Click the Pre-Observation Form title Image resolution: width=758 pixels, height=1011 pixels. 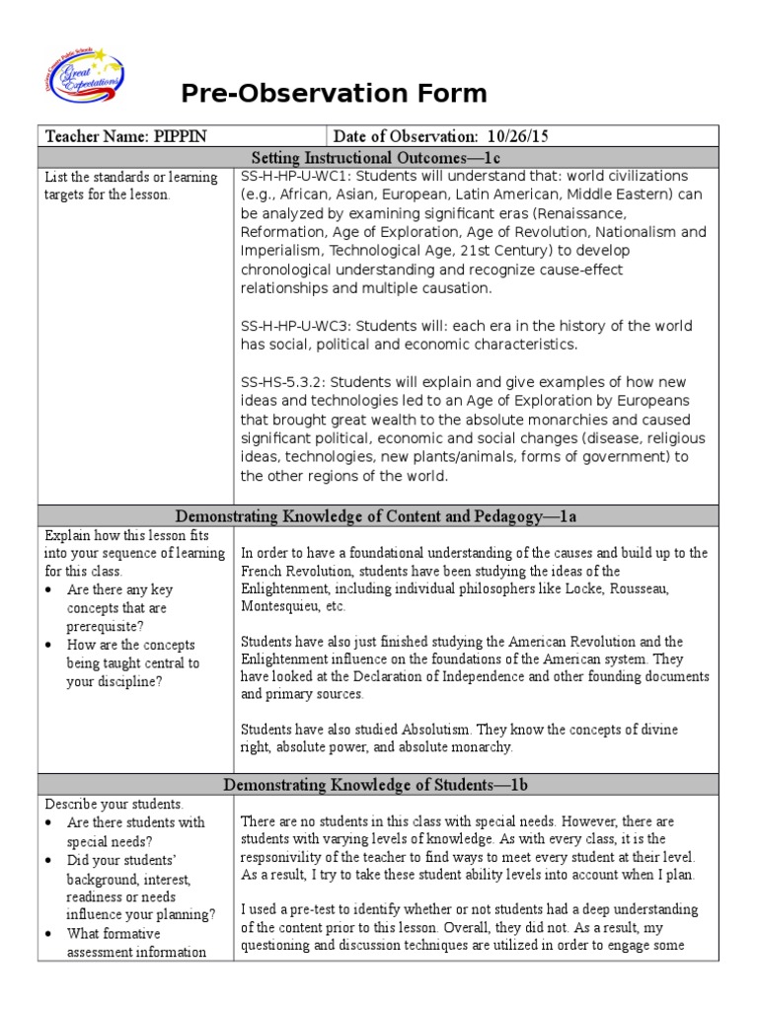coord(334,94)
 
